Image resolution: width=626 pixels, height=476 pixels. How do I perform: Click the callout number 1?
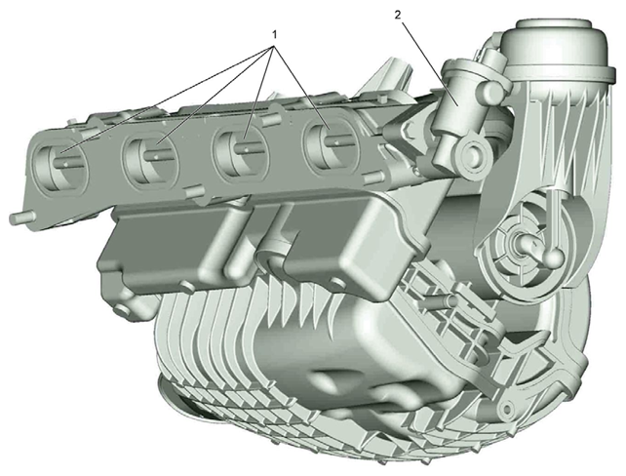click(274, 35)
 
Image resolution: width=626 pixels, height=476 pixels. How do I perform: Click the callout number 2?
click(397, 16)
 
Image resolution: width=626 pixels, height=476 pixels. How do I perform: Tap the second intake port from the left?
click(150, 160)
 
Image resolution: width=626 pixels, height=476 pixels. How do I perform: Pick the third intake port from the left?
click(240, 153)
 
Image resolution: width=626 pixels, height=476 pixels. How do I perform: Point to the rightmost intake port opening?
click(332, 145)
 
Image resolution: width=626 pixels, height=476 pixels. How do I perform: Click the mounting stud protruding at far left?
click(20, 218)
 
